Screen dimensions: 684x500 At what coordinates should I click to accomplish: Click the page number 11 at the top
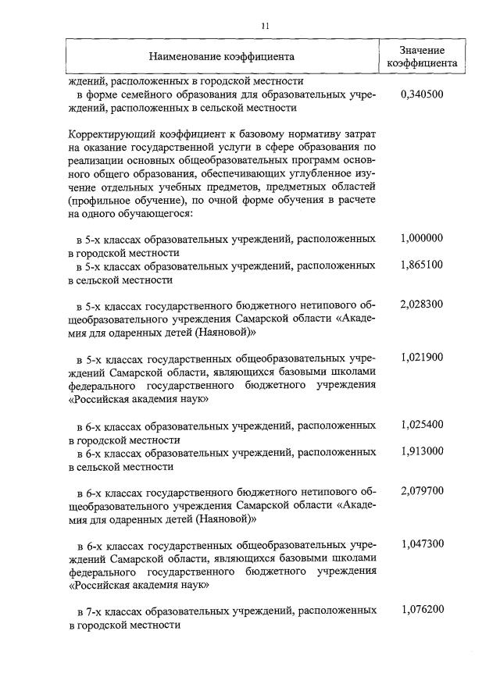[265, 26]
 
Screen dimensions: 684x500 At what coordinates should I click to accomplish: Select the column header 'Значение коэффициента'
[422, 57]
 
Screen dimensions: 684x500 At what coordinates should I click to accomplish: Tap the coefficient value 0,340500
[421, 94]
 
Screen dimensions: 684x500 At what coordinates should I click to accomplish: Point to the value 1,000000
[421, 239]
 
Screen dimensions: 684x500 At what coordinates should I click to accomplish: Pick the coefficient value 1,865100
[421, 266]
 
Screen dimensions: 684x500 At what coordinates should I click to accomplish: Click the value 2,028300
[421, 305]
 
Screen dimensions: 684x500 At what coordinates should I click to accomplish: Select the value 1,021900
[421, 358]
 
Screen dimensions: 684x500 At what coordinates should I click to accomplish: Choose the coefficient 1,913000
[421, 452]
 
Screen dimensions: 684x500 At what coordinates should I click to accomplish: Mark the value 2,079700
[421, 491]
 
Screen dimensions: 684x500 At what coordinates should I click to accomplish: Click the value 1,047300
[421, 543]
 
